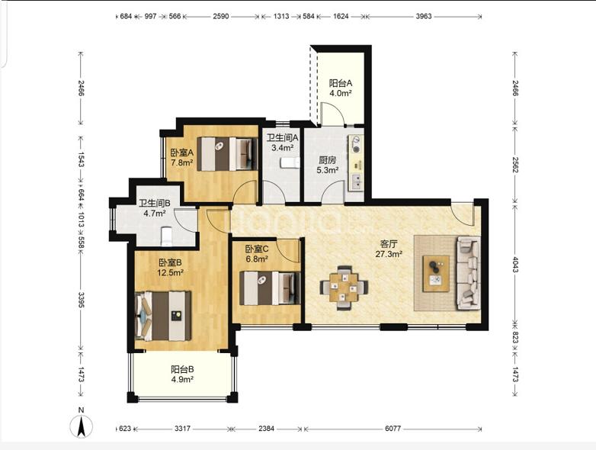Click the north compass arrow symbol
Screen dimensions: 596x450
point(81,426)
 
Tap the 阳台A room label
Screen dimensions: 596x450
point(341,83)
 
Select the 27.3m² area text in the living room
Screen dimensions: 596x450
point(389,254)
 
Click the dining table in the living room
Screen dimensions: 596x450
point(344,288)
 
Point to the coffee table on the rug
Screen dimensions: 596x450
point(436,274)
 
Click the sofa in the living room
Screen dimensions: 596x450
point(469,273)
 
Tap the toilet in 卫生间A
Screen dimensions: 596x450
point(290,163)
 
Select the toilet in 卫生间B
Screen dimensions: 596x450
point(166,236)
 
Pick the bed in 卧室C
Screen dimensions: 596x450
point(270,288)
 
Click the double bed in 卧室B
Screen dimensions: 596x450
point(163,316)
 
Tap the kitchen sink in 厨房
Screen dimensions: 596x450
point(357,182)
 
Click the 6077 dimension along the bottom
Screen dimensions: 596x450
point(393,429)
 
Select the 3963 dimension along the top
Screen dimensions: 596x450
point(424,16)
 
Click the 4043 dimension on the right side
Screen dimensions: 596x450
point(515,265)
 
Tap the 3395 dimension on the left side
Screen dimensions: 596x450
point(81,300)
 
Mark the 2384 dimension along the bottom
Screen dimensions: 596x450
point(266,429)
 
